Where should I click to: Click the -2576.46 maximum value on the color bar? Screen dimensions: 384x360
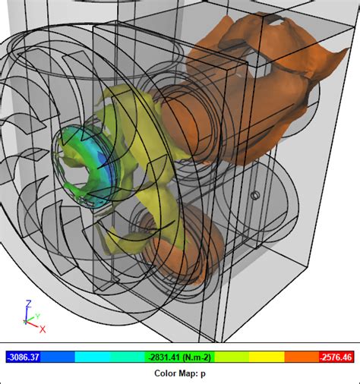tap(334, 357)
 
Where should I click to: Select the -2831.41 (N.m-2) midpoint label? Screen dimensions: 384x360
tap(179, 357)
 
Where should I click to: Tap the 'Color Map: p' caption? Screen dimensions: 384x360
tap(180, 373)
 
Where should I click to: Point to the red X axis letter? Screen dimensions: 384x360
tap(43, 329)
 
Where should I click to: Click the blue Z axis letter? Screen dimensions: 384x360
tap(27, 303)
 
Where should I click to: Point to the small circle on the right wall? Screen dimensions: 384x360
tap(256, 196)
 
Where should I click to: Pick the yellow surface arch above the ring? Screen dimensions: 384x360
tap(125, 106)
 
